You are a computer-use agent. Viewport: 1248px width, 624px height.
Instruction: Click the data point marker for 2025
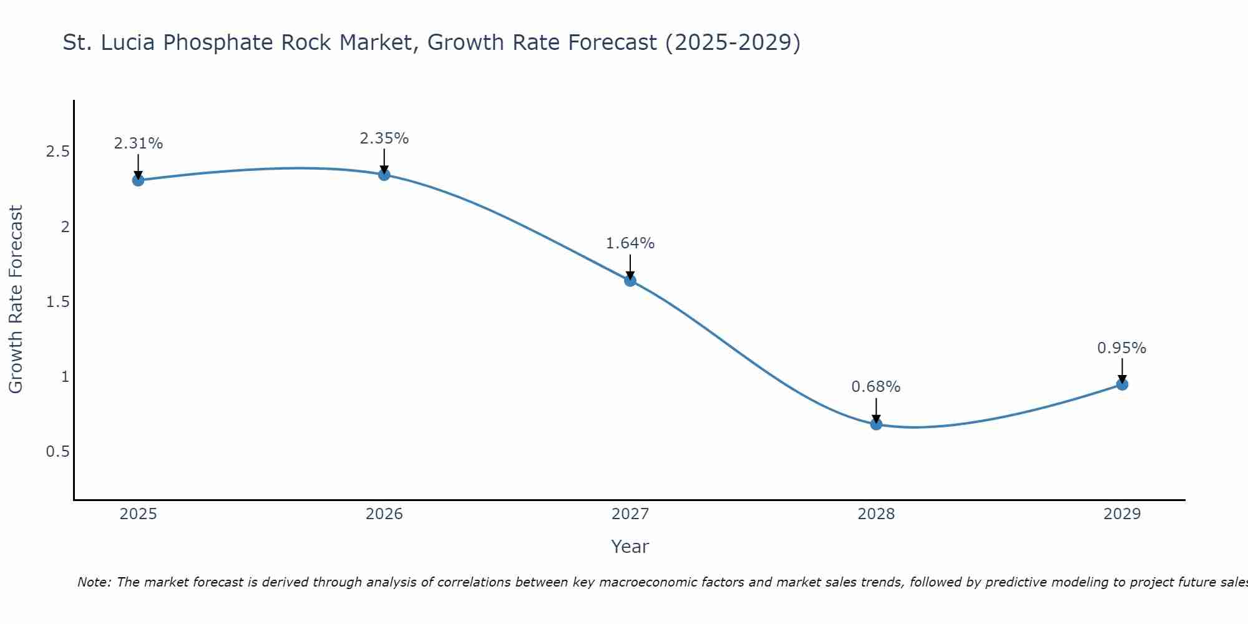pyautogui.click(x=138, y=180)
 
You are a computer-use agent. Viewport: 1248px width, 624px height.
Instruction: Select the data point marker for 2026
pyautogui.click(x=384, y=175)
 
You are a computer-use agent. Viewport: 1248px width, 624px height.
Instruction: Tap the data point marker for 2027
pyautogui.click(x=630, y=281)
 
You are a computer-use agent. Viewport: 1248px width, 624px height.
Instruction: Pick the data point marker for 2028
pyautogui.click(x=876, y=424)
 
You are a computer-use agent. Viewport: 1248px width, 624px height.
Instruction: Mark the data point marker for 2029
pyautogui.click(x=1122, y=384)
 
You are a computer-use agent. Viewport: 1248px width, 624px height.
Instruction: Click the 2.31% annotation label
pyautogui.click(x=138, y=144)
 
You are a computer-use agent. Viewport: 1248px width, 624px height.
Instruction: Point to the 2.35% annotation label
pyautogui.click(x=384, y=139)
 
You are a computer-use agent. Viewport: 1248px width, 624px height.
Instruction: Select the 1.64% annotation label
pyautogui.click(x=630, y=243)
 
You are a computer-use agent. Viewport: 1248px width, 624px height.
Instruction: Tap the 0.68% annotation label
pyautogui.click(x=876, y=387)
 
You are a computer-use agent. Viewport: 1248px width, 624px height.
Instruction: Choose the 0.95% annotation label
pyautogui.click(x=1122, y=348)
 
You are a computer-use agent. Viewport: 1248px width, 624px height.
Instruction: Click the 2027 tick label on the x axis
pyautogui.click(x=630, y=514)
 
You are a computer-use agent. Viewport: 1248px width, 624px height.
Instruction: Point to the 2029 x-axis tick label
pyautogui.click(x=1122, y=514)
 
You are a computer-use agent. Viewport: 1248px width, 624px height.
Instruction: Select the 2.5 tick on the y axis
pyautogui.click(x=57, y=152)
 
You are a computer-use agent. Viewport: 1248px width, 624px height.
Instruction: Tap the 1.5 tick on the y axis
pyautogui.click(x=57, y=301)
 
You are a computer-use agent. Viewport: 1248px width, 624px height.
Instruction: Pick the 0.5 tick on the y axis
pyautogui.click(x=57, y=451)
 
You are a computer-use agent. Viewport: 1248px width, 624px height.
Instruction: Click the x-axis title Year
pyautogui.click(x=630, y=547)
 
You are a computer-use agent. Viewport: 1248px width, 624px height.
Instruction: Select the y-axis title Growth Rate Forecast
pyautogui.click(x=16, y=300)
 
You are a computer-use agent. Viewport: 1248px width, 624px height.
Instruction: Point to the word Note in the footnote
pyautogui.click(x=94, y=582)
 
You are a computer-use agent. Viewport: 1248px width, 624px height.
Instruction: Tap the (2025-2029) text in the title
pyautogui.click(x=733, y=43)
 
